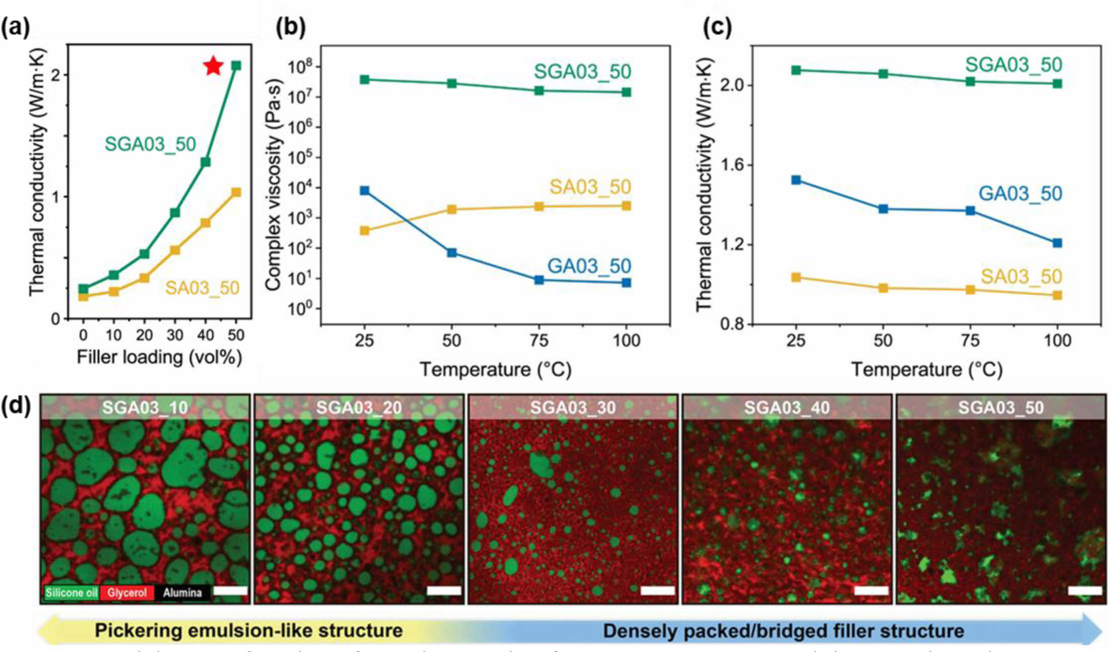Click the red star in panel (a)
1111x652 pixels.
pos(214,66)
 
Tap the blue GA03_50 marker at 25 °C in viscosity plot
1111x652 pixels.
pos(364,190)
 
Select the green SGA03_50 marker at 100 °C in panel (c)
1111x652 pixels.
pos(1057,84)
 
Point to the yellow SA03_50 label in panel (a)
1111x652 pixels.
pos(202,288)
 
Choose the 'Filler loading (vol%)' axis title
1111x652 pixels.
pos(159,357)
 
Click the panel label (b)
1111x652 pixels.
pos(291,27)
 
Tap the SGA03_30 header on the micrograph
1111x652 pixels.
pos(573,407)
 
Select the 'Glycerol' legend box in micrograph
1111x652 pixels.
pos(126,593)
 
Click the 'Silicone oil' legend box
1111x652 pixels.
pos(71,593)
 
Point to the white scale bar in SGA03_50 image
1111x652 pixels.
pos(1084,590)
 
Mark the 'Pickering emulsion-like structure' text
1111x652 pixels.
pos(249,630)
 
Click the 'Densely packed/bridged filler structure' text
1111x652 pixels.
pos(783,630)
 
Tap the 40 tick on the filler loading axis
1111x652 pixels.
pos(206,335)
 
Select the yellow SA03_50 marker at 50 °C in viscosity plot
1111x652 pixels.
pos(451,209)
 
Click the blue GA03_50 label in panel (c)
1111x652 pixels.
pos(1020,193)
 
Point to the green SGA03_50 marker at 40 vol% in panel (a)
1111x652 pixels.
pos(205,162)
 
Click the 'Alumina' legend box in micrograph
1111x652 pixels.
pos(182,593)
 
